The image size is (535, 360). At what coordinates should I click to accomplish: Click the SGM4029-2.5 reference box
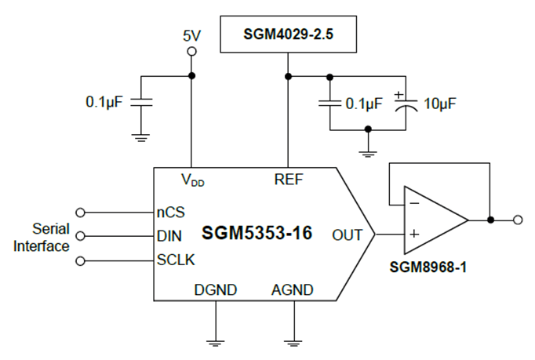(288, 35)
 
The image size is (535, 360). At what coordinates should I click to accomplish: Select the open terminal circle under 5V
(191, 52)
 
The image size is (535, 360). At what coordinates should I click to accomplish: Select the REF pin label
(288, 180)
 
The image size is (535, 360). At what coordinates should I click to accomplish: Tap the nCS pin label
(169, 212)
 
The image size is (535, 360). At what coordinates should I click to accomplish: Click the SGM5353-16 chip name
(257, 234)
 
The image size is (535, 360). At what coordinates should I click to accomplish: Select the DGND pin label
(215, 289)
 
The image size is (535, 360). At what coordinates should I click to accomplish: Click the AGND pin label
(293, 289)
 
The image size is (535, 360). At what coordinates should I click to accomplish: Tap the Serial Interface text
(48, 237)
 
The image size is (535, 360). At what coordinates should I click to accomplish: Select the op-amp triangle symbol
(431, 220)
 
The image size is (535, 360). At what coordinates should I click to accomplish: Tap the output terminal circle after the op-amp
(518, 220)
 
